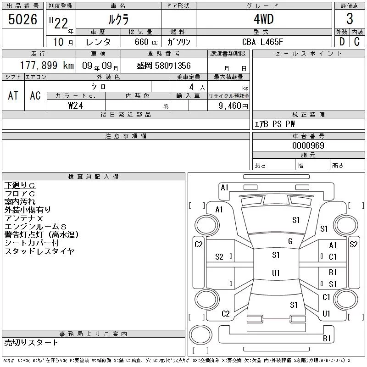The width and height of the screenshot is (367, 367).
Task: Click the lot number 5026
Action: (22, 19)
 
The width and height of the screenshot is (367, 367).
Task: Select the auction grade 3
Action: (350, 19)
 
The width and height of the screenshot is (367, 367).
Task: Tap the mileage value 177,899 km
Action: (47, 65)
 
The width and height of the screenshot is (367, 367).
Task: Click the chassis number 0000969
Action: (308, 145)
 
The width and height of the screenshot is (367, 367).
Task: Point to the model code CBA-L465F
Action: (262, 42)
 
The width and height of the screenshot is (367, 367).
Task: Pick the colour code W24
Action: (76, 106)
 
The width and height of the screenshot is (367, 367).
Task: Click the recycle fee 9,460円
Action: (233, 106)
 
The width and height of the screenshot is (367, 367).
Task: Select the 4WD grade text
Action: (263, 19)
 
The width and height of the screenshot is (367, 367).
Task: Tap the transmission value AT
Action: (13, 95)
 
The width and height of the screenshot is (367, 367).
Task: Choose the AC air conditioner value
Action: (35, 95)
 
